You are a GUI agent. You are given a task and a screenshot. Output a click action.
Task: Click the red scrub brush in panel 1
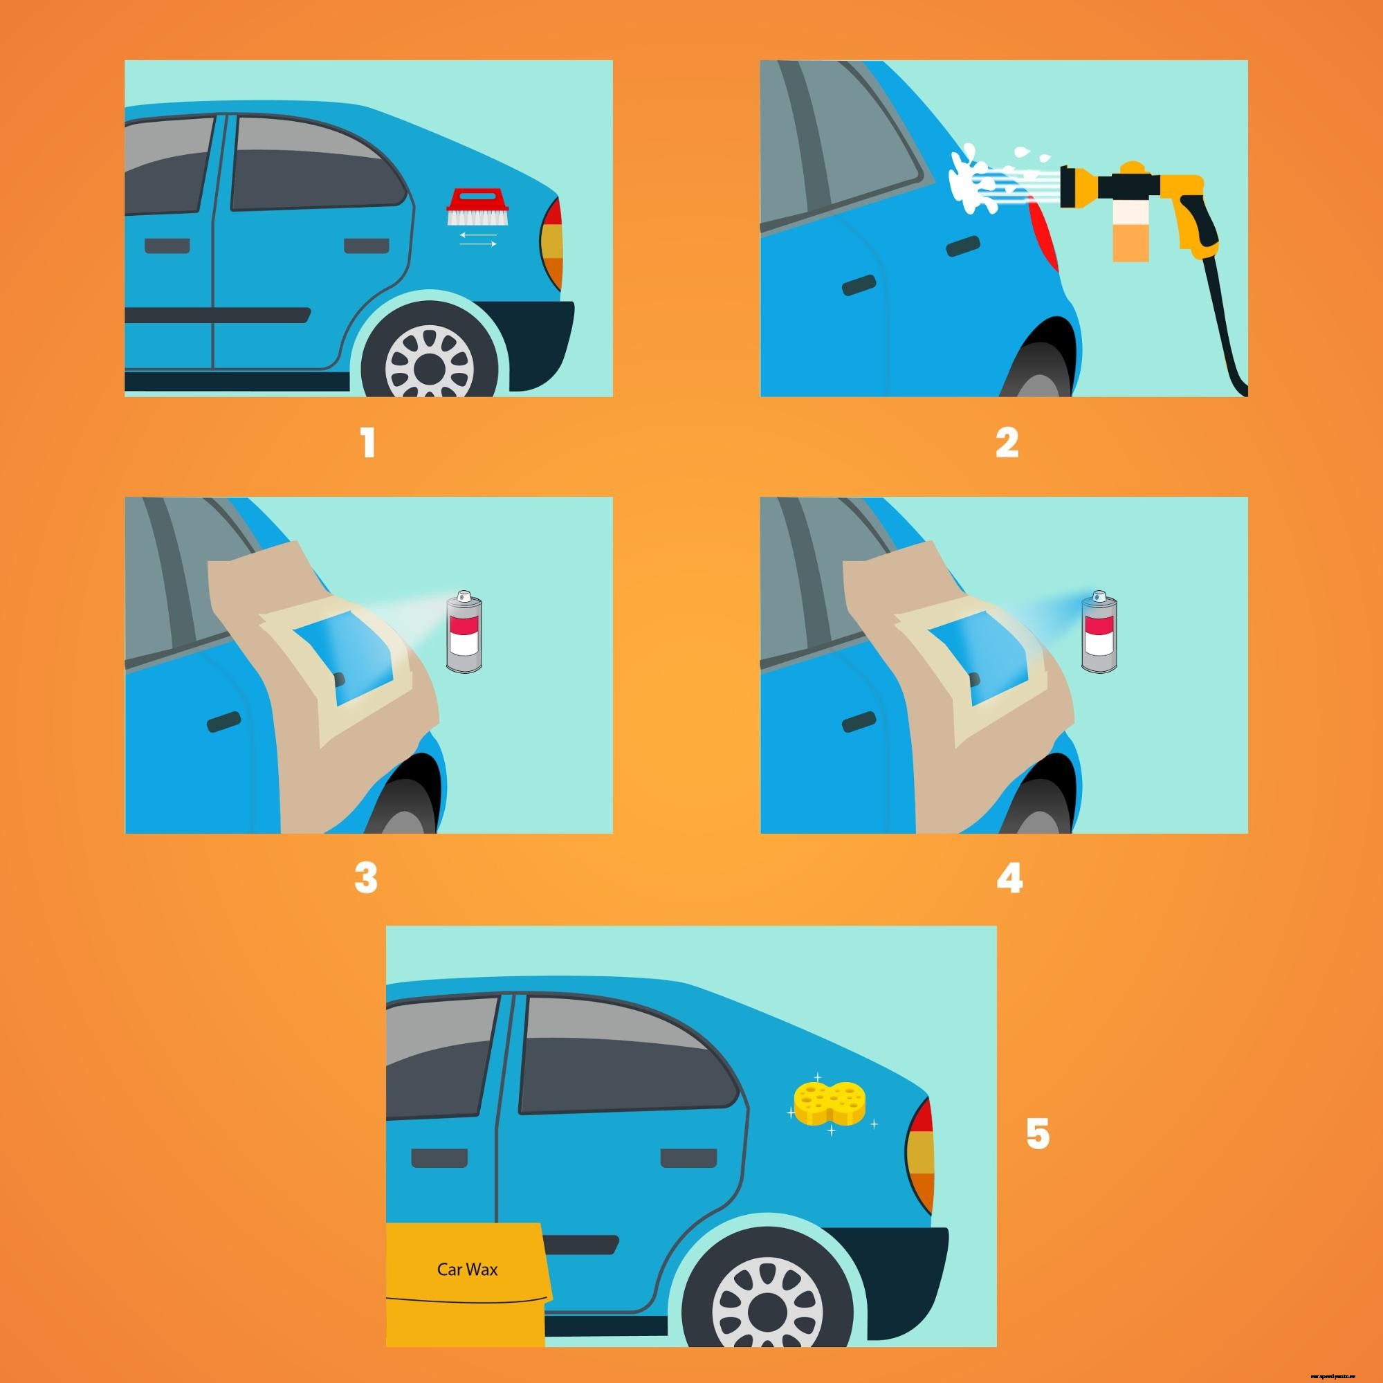click(472, 207)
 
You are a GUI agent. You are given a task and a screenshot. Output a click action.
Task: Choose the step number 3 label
click(366, 879)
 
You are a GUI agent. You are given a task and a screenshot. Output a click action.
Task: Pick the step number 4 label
click(1009, 879)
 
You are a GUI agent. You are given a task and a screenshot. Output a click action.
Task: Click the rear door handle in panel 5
click(687, 1157)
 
